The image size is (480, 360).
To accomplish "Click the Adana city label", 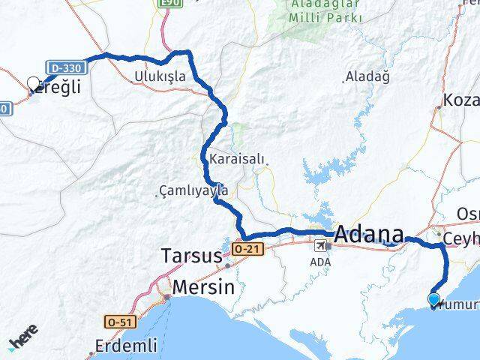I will point(368,235).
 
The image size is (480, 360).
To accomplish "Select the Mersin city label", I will point(203,287).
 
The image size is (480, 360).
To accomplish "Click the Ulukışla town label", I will point(160,76).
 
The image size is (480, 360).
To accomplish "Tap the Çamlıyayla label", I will point(193,191).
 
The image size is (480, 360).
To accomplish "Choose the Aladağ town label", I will point(368,76).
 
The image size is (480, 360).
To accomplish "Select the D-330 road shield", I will point(67,67).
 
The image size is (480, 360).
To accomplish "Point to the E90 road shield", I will point(170,4).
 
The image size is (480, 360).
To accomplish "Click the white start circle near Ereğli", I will point(33,84).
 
